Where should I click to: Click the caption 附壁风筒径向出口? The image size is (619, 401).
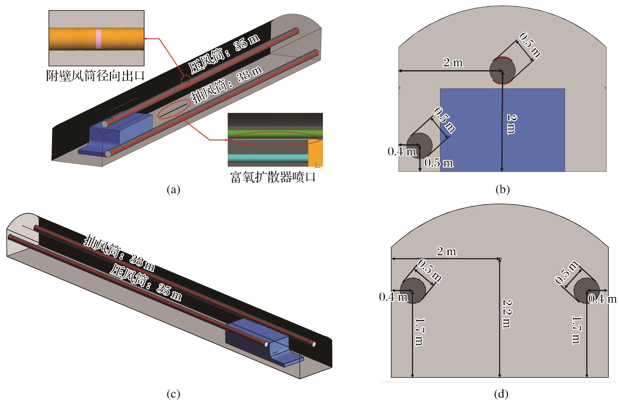click(95, 76)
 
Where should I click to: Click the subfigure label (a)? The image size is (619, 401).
click(173, 190)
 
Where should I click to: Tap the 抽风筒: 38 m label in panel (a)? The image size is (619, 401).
click(226, 85)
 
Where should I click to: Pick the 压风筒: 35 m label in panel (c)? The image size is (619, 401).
click(146, 283)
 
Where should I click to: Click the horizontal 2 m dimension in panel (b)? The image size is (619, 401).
click(453, 63)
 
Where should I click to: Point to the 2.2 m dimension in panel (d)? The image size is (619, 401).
click(507, 314)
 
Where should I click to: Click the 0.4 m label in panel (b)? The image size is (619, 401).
click(402, 152)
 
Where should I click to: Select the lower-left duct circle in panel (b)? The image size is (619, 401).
click(419, 145)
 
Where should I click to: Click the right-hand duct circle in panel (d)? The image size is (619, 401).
click(586, 290)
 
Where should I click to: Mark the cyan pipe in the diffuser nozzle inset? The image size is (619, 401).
click(268, 158)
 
